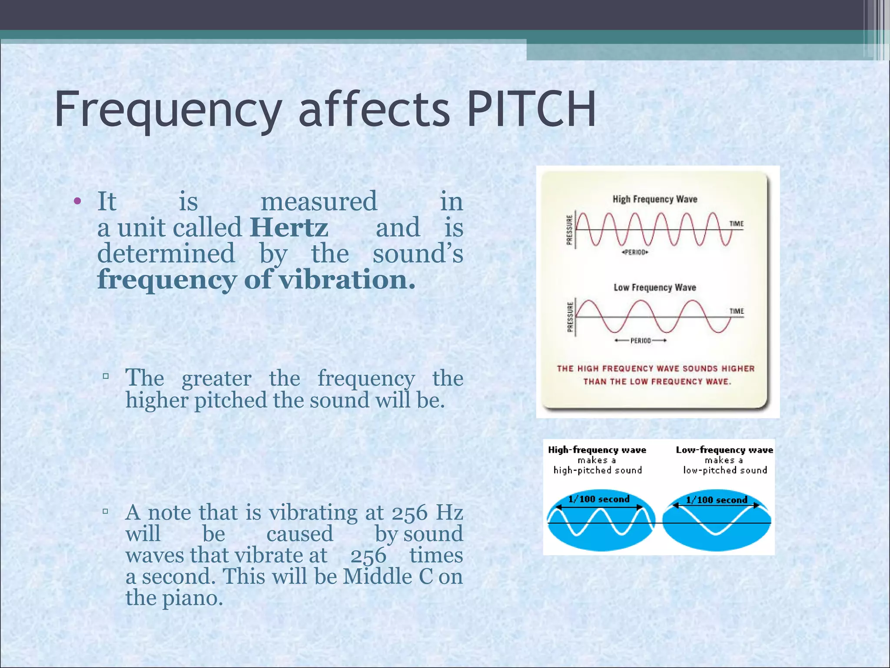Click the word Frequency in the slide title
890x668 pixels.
coord(168,110)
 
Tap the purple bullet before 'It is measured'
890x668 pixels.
coord(78,201)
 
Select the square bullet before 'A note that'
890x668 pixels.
coord(106,511)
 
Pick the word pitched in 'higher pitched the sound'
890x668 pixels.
coord(230,400)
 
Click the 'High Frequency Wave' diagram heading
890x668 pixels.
coord(655,199)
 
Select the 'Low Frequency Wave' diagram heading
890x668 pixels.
coord(655,287)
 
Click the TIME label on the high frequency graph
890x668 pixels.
coord(736,224)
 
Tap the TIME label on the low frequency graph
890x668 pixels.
coord(736,311)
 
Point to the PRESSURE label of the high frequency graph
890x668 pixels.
coord(570,230)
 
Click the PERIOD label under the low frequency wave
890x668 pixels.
coord(641,341)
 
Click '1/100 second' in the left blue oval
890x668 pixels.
coord(599,499)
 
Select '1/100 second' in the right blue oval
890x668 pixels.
coord(716,500)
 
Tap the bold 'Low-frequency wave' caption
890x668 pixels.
coord(724,450)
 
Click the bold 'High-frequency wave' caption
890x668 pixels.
coord(597,450)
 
